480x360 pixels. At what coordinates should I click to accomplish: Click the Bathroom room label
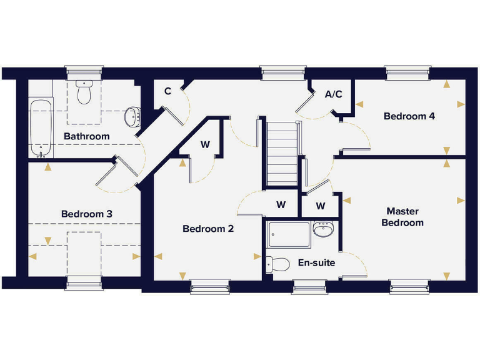point(86,136)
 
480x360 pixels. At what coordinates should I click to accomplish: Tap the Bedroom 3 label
point(87,214)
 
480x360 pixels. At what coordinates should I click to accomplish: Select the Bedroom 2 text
point(208,229)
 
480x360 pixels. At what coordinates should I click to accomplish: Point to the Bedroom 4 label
point(409,116)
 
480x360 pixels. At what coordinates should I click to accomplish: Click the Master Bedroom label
point(402,217)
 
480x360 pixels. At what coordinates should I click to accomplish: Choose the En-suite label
point(316,262)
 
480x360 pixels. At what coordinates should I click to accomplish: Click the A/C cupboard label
point(334,94)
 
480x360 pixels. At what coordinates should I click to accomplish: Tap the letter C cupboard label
point(167,91)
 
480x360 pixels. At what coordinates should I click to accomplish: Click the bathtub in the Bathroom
point(41,129)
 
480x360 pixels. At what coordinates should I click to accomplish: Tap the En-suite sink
point(323,230)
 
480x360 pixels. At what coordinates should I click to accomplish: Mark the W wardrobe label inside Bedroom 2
point(205,144)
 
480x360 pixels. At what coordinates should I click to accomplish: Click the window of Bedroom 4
point(409,73)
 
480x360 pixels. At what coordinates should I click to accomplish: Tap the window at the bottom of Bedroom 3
point(84,283)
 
